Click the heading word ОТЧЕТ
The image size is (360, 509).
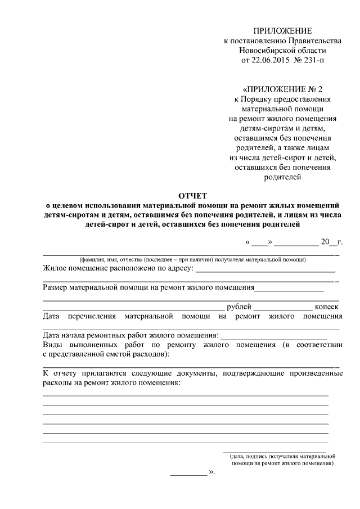192,195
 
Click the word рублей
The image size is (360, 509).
238,307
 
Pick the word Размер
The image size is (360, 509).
56,287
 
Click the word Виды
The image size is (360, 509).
52,345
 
